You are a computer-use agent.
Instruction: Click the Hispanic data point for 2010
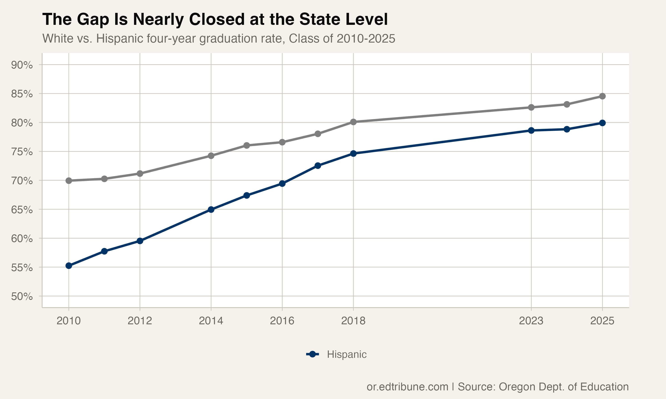(x=69, y=266)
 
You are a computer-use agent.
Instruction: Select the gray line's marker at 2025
(x=602, y=96)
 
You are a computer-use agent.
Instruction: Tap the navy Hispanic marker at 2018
(x=353, y=154)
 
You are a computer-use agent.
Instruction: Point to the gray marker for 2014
(x=211, y=156)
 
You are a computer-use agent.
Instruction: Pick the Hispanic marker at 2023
(x=531, y=130)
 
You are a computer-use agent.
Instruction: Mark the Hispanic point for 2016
(x=282, y=184)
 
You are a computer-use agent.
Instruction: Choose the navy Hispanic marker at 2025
(x=602, y=123)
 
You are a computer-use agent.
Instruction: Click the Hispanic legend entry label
(x=347, y=354)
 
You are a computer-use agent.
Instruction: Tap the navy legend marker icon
(x=312, y=354)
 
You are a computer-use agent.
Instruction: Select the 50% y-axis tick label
(x=22, y=296)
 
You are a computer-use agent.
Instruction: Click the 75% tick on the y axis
(x=22, y=152)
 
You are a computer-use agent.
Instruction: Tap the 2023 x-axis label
(x=531, y=321)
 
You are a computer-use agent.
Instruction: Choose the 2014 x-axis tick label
(x=211, y=321)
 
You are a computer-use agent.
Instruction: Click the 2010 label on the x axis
(x=69, y=321)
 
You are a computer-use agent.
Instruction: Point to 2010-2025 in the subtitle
(x=366, y=38)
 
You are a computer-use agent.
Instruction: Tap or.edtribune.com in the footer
(x=407, y=387)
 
